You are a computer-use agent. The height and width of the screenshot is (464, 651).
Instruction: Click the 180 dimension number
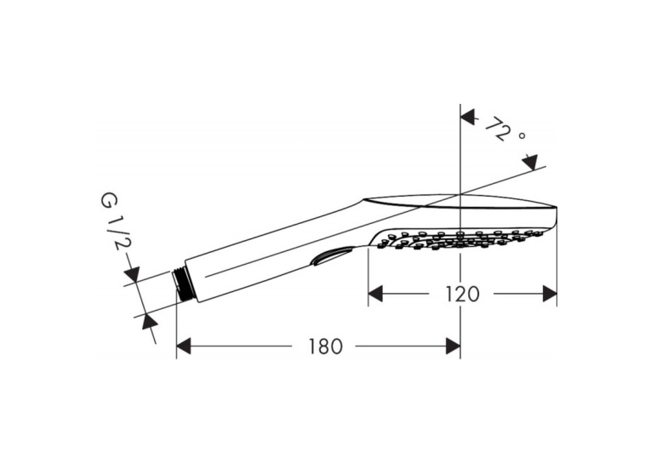pos(325,347)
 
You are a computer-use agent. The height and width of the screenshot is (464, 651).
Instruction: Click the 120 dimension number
pos(462,295)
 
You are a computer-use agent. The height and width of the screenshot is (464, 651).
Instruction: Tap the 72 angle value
pos(497,129)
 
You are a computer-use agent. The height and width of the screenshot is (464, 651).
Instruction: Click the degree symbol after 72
pos(522,135)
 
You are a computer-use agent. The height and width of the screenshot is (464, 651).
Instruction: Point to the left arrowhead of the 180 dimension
pos(184,346)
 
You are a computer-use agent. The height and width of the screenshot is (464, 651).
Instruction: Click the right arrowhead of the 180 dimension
pos(453,346)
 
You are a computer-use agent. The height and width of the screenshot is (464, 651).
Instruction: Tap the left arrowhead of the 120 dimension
pos(375,294)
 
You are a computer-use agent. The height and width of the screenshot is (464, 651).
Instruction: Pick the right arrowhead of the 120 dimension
pos(550,294)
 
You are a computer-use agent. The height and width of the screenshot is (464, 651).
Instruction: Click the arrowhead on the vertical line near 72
pos(467,117)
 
